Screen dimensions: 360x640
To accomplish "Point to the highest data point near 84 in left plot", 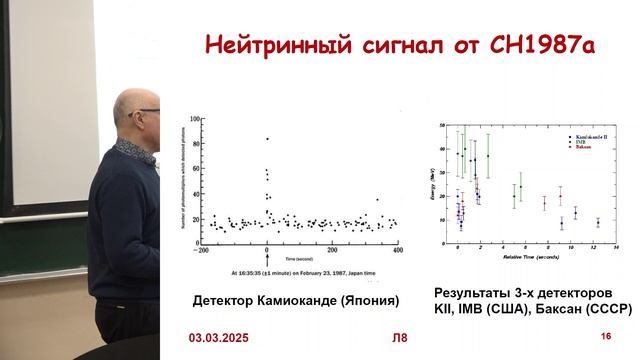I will [267, 139].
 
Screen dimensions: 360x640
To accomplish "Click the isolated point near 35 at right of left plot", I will [376, 199].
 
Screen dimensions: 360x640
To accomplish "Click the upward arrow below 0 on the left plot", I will [266, 258].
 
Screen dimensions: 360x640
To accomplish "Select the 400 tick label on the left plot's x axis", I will [399, 248].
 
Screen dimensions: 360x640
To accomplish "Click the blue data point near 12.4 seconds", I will [598, 222].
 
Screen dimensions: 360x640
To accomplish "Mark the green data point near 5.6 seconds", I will [521, 187].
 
